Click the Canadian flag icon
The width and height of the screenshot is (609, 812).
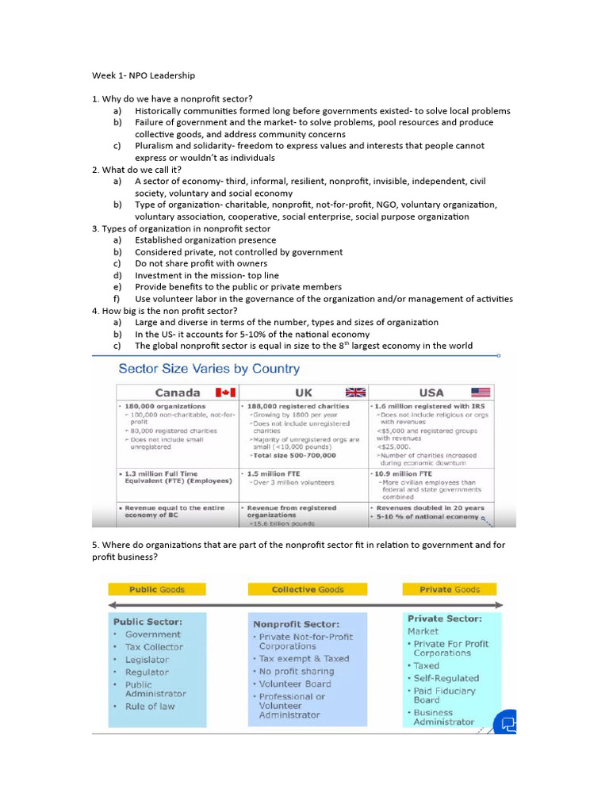point(226,393)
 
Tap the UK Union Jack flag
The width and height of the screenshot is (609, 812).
point(356,393)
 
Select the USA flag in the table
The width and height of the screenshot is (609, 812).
point(481,393)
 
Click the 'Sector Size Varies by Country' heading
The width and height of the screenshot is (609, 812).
point(209,369)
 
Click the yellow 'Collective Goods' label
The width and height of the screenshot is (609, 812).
point(308,589)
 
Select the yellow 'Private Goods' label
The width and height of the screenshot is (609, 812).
point(451,589)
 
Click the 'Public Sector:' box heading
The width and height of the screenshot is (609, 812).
point(147,622)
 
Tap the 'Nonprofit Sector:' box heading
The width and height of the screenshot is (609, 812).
point(296,624)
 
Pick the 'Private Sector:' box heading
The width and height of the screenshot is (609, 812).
point(444,619)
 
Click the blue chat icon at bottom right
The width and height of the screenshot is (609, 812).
point(506,722)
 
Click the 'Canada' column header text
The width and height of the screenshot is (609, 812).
point(178,393)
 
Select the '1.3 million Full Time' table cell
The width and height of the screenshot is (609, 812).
point(160,473)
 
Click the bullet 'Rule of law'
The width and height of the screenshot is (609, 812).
point(150,706)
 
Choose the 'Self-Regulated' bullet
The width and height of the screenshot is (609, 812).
point(446,678)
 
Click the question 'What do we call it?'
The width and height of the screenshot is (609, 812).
point(141,170)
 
